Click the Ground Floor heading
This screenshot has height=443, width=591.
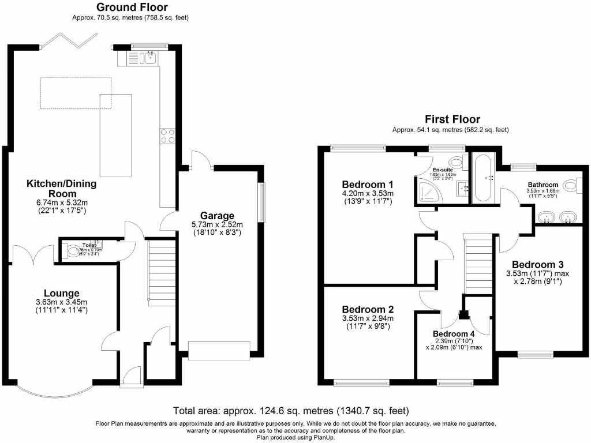tap(132, 7)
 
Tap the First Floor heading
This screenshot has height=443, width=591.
tap(452, 119)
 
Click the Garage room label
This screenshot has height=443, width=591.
tap(218, 215)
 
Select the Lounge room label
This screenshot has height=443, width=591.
tap(61, 293)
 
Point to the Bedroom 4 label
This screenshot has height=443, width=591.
tap(454, 334)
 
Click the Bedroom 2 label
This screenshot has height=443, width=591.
tap(367, 309)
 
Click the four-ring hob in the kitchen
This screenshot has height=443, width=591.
tap(168, 136)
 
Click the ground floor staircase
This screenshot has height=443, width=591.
tap(162, 271)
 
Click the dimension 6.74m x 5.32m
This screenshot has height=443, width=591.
tap(61, 203)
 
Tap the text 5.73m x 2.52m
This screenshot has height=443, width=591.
tap(218, 224)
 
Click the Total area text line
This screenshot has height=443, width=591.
tap(291, 411)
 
